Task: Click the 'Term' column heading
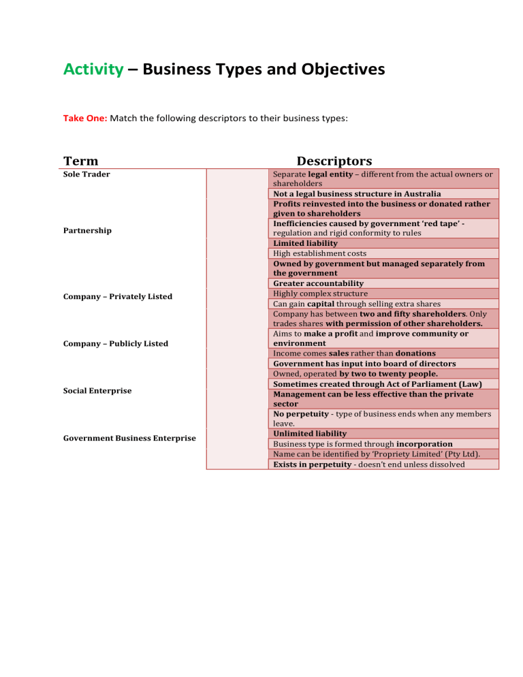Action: pyautogui.click(x=80, y=161)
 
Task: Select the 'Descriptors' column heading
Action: pyautogui.click(x=334, y=161)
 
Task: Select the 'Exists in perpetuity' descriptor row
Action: pyautogui.click(x=368, y=464)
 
